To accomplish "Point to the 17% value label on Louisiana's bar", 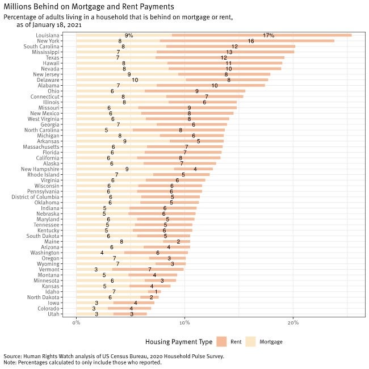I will [x=269, y=35].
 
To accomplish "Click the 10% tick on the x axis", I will [x=184, y=323].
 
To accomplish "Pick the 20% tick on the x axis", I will [x=293, y=323].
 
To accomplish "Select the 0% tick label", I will [x=77, y=323].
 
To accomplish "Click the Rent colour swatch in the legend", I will [x=222, y=342].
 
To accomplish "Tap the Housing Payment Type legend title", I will [x=179, y=342].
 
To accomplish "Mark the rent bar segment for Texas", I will [x=220, y=57].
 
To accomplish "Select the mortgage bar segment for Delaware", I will [x=131, y=80].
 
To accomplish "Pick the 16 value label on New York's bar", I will [x=250, y=41].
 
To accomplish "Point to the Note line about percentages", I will [x=82, y=363].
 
